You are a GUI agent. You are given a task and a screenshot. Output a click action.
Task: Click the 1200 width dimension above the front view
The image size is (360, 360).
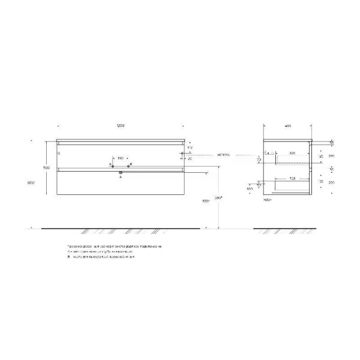coord(120,126)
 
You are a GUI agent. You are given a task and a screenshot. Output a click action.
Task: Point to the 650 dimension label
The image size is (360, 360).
coord(32,182)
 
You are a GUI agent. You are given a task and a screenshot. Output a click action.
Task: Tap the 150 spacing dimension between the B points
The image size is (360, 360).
coord(120,158)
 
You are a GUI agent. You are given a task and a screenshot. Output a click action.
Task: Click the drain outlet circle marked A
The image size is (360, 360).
coord(120,173)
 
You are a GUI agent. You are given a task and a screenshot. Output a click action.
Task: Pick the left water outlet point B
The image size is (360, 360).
coord(111,164)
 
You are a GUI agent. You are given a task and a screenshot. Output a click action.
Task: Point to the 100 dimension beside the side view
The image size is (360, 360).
coord(249,189)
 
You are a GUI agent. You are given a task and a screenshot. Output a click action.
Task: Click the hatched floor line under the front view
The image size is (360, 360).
coord(120,230)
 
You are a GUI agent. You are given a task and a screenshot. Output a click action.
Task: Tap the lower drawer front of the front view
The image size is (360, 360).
coord(120,184)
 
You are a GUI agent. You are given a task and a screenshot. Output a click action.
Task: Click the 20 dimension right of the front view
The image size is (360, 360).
coord(190,158)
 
